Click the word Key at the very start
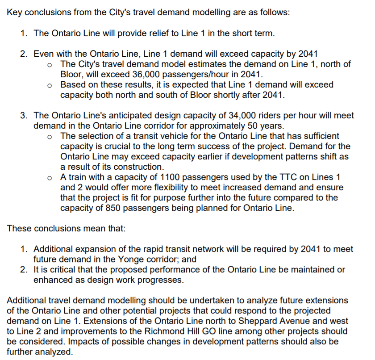point(15,12)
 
